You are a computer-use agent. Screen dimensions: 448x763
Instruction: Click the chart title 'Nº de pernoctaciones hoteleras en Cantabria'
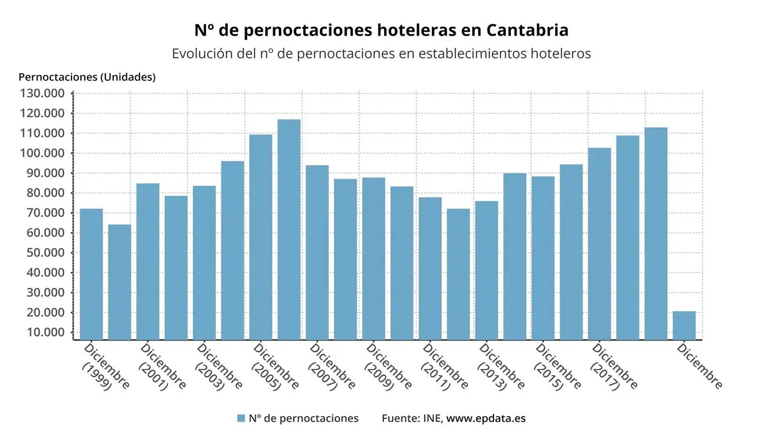point(381,30)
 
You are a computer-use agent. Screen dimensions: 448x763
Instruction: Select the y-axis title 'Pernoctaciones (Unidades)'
point(87,77)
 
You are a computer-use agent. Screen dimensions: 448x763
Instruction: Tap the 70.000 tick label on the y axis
point(45,213)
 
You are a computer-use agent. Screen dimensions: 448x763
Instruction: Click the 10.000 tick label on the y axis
point(45,332)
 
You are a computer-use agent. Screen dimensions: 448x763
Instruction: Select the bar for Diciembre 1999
point(91,274)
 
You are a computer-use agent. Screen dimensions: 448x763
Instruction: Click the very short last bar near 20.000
point(684,325)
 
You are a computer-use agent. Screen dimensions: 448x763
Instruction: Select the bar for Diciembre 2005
point(261,236)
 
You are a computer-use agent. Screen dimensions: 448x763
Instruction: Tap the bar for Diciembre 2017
point(599,243)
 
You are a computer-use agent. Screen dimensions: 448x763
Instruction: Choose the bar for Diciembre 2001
point(148,261)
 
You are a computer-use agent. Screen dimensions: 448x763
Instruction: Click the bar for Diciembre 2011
point(430,268)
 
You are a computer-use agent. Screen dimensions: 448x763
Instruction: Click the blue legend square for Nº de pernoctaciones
point(241,418)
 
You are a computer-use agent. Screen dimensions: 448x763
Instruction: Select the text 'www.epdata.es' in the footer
point(486,418)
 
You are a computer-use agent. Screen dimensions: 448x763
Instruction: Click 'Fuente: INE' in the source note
point(411,418)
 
